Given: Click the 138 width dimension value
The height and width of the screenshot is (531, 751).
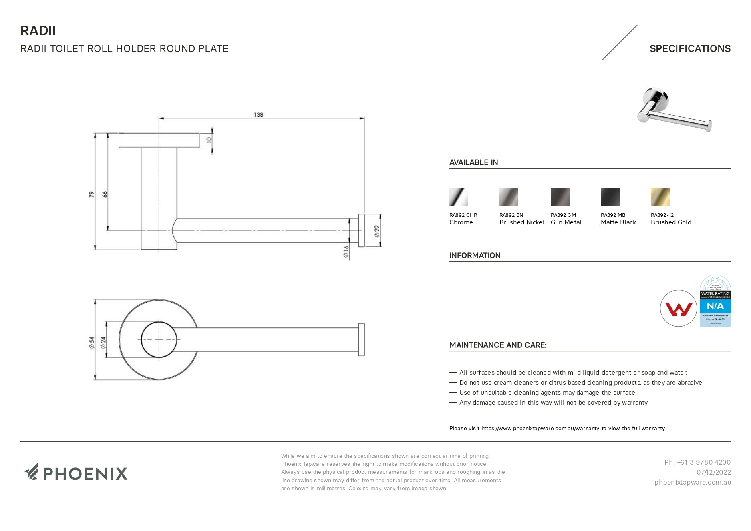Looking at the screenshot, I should [258, 115].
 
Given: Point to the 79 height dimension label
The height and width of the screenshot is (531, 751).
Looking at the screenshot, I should [92, 194].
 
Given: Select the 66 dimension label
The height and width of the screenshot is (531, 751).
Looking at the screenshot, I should [105, 194].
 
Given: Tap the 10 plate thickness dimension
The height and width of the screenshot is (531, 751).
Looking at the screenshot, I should [209, 140].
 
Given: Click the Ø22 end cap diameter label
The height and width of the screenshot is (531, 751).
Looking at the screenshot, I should [377, 231].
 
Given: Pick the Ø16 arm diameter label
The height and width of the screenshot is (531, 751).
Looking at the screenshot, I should [346, 251].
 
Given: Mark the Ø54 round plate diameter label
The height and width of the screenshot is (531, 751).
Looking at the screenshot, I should [92, 342].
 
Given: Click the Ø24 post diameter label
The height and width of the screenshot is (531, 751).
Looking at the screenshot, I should [103, 342].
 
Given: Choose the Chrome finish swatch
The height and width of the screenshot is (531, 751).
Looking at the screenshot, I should [459, 197].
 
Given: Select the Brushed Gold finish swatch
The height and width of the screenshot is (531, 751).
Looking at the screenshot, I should [660, 197].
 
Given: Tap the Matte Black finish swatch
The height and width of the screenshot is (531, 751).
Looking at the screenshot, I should [610, 197].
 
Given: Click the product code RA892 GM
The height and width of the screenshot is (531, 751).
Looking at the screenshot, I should [563, 215].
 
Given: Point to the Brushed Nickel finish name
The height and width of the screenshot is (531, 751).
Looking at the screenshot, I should [521, 222].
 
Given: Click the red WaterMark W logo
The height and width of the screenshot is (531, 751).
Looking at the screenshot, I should [679, 309].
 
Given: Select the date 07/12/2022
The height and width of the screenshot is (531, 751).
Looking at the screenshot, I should [713, 472].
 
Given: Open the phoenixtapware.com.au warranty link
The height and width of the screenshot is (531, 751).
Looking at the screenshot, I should [540, 428].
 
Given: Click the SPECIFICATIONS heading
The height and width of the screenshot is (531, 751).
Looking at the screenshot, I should [690, 48].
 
